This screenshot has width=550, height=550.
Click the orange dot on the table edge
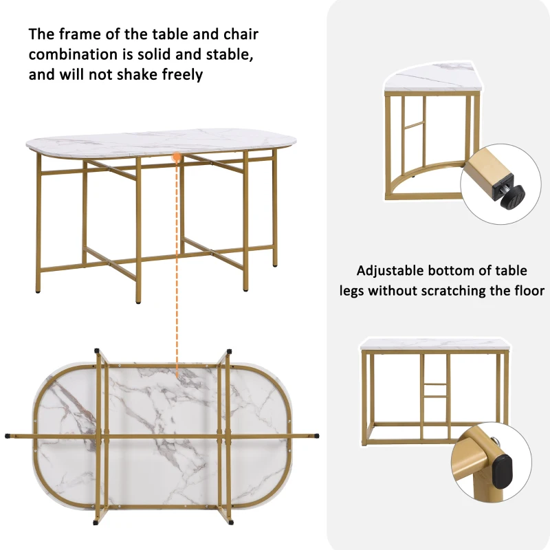[177, 157]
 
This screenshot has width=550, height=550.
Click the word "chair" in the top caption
[239, 34]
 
